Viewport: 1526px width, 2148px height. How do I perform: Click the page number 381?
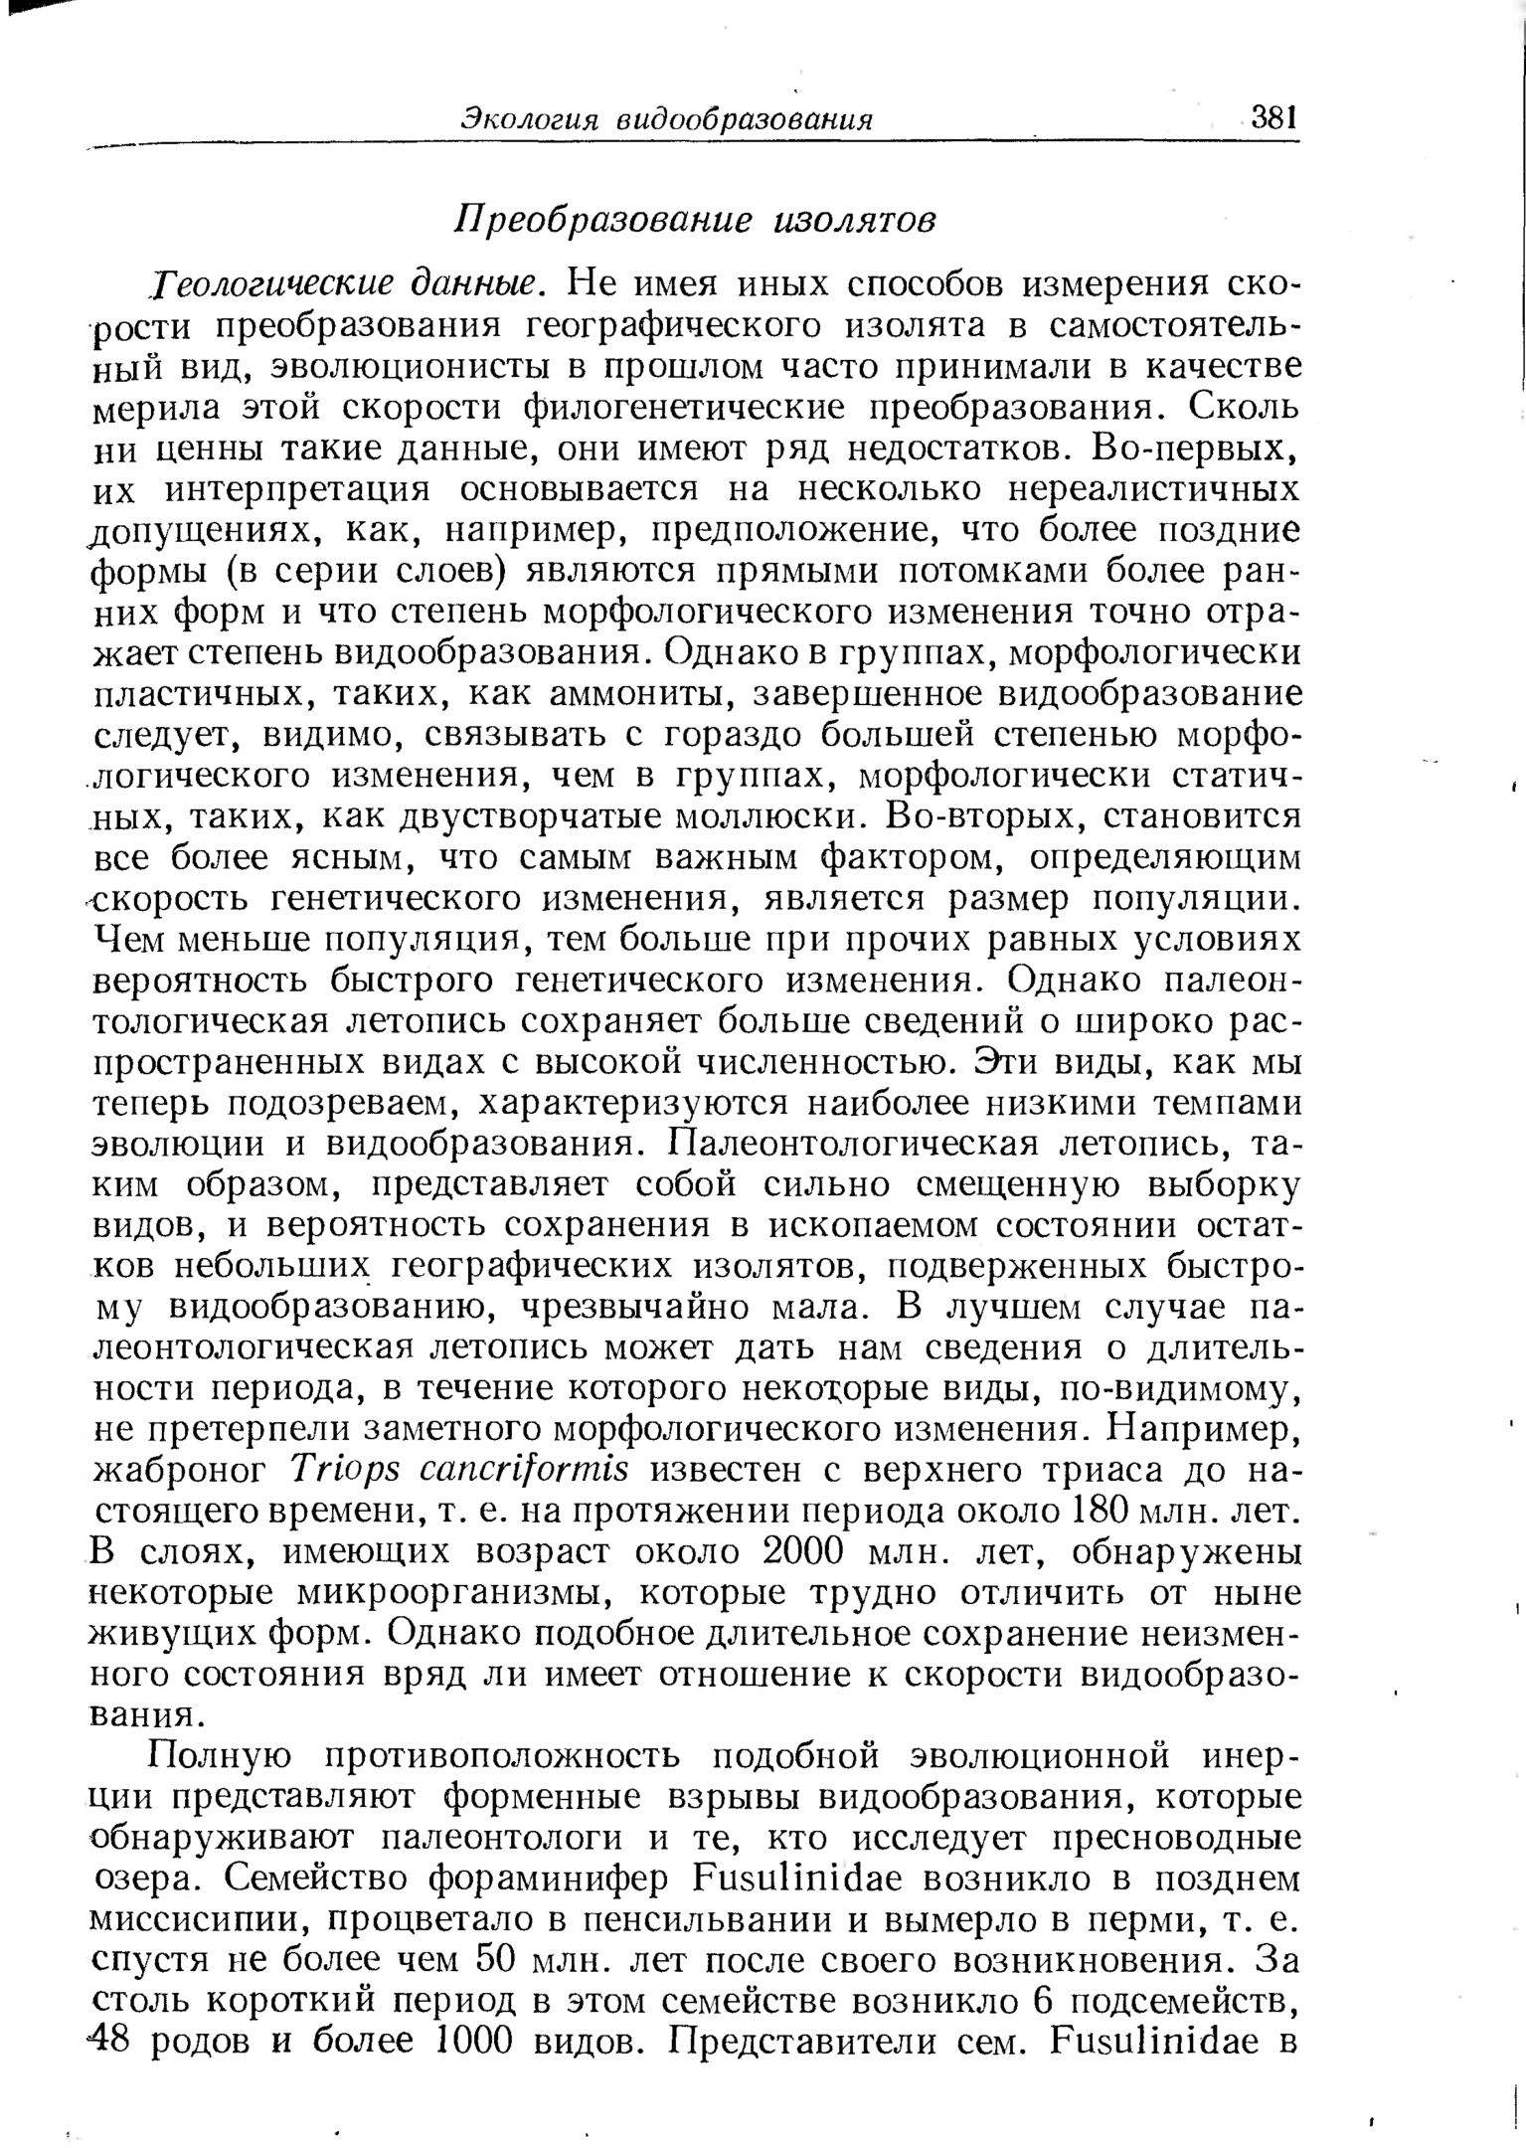(1274, 118)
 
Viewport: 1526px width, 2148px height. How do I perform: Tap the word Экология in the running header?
(525, 120)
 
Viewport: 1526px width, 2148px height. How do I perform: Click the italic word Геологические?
(265, 285)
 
